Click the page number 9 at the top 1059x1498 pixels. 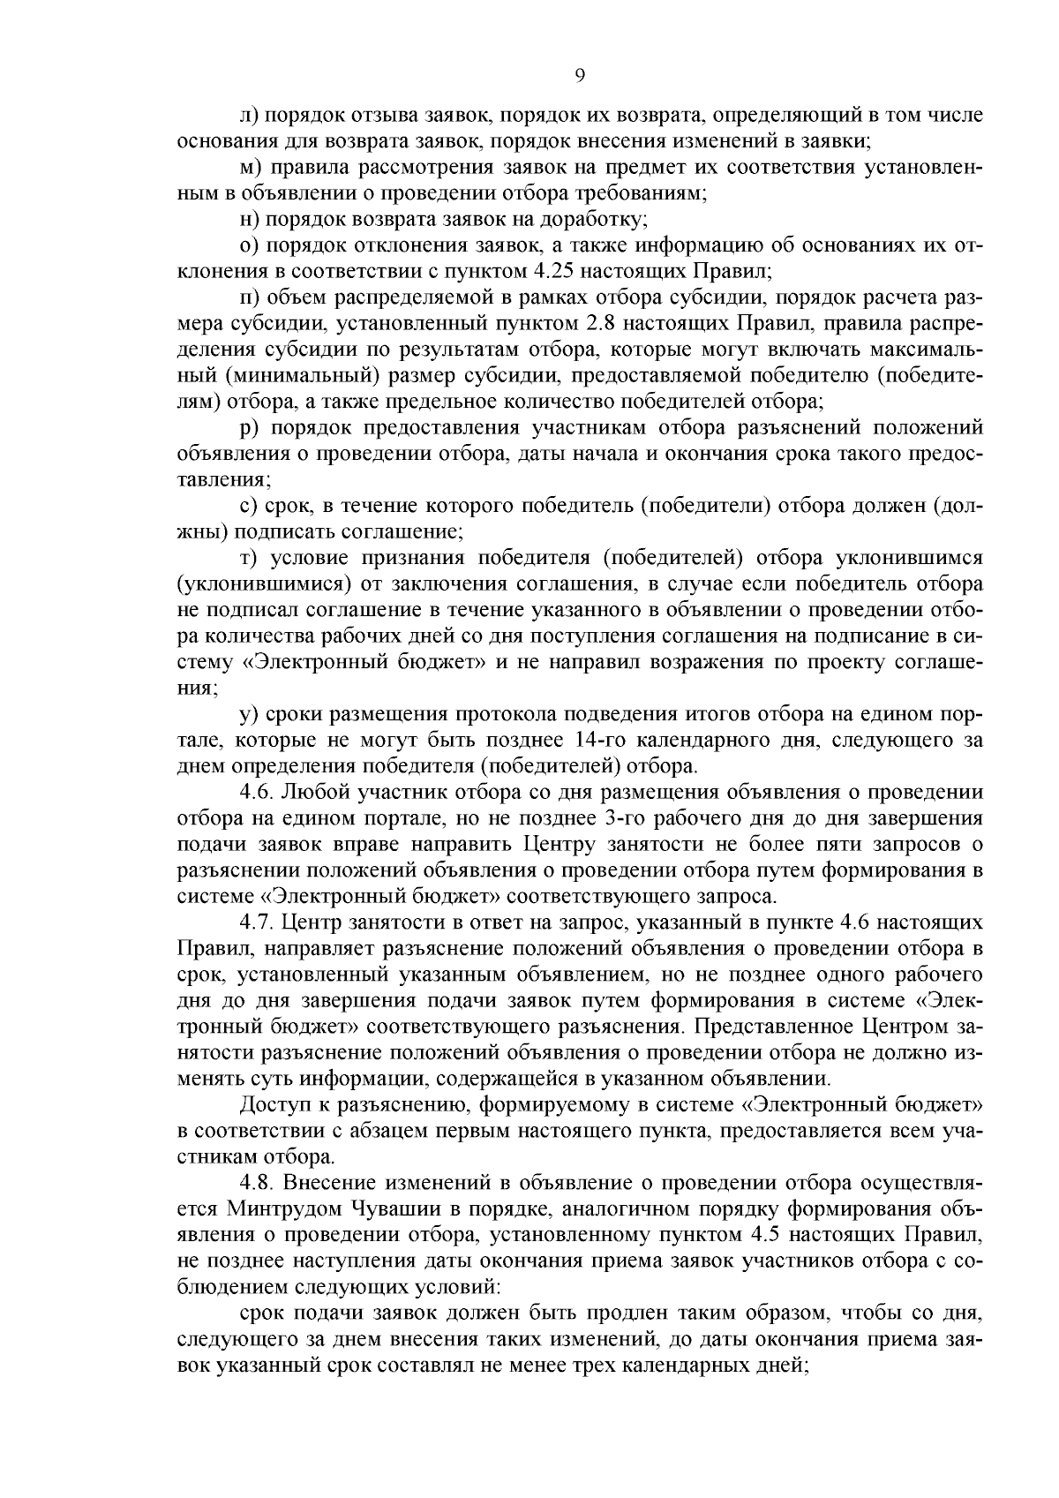pyautogui.click(x=579, y=76)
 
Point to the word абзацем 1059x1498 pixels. pyautogui.click(x=417, y=1130)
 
